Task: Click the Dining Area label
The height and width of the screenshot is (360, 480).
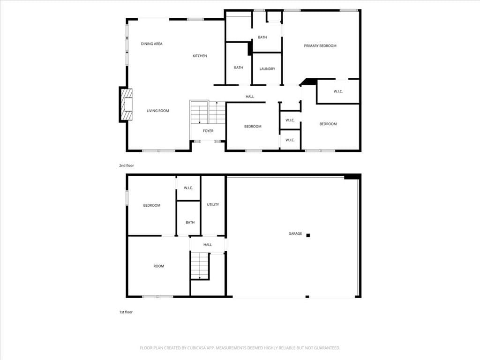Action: click(x=151, y=44)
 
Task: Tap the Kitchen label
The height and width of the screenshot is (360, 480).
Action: click(x=200, y=56)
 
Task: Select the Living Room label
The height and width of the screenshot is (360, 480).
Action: click(x=157, y=111)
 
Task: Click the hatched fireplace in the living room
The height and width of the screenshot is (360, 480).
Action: click(x=127, y=105)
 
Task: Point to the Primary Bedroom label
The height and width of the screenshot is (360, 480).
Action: click(x=320, y=45)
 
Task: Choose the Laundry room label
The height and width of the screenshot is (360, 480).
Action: click(x=267, y=69)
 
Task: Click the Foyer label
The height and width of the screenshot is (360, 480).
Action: click(x=208, y=131)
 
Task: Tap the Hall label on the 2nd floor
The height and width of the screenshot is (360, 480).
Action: click(x=250, y=97)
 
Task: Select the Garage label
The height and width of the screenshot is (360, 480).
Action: click(x=295, y=233)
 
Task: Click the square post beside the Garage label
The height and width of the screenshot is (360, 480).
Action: click(x=308, y=235)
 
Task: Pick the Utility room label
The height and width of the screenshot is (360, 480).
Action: click(x=213, y=204)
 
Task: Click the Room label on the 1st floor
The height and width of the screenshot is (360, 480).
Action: click(x=158, y=266)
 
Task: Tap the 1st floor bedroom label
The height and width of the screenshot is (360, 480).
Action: click(x=152, y=205)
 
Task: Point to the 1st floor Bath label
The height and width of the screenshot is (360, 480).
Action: click(x=190, y=223)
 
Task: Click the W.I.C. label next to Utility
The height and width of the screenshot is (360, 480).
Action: click(x=188, y=188)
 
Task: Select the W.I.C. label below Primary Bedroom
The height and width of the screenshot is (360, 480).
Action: click(x=338, y=91)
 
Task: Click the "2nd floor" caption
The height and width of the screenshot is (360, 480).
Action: click(x=127, y=165)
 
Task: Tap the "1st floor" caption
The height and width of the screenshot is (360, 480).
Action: click(x=126, y=312)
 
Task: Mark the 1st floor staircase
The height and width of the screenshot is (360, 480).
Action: click(x=200, y=265)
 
